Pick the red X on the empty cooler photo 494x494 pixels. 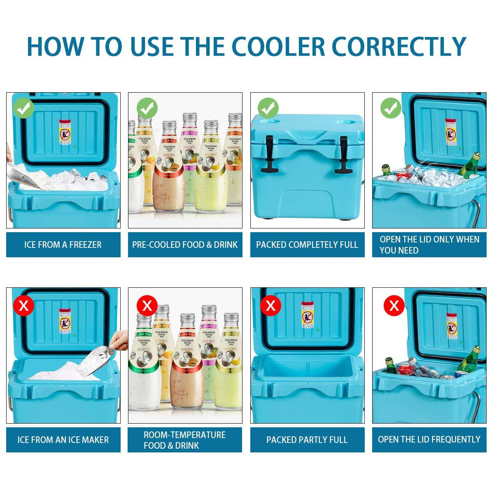(270, 305)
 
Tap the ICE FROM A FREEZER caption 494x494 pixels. (63, 245)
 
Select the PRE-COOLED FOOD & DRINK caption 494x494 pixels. (185, 245)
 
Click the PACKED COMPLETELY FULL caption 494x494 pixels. (307, 245)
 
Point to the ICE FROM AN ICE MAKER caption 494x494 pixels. (63, 440)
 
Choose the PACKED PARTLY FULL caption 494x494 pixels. (307, 440)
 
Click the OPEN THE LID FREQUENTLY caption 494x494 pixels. (429, 440)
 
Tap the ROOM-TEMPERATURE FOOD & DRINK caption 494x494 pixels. (185, 440)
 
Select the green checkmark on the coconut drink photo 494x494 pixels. (147, 109)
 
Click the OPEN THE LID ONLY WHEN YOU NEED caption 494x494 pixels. (429, 245)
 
